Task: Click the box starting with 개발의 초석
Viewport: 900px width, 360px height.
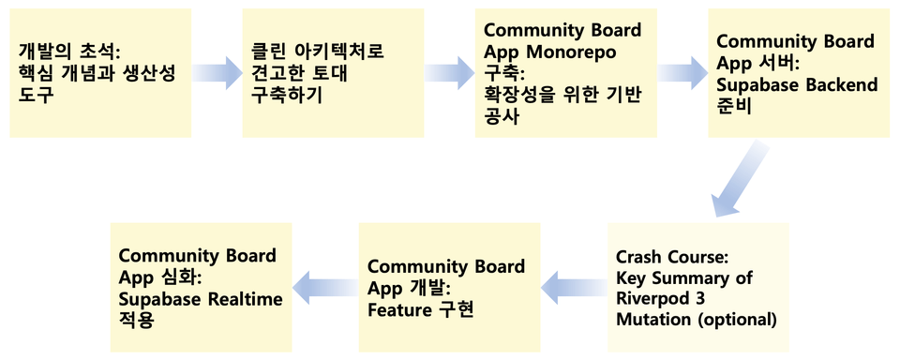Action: (100, 73)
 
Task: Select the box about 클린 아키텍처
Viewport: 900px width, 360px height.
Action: (333, 73)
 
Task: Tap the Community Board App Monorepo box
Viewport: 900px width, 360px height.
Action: (566, 73)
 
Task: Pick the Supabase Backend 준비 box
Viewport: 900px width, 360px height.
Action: (799, 73)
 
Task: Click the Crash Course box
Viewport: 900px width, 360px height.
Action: (697, 287)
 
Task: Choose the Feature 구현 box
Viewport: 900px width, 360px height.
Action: (449, 287)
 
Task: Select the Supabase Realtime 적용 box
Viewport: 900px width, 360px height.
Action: (202, 287)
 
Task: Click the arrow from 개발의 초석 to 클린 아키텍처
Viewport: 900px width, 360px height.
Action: (217, 73)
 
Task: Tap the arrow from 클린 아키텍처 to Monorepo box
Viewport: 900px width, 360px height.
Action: (449, 73)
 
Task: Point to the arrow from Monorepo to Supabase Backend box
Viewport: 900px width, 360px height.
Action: (682, 73)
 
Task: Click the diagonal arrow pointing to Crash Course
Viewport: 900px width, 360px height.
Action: (741, 180)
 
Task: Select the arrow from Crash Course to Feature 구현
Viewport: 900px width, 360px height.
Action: (574, 287)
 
